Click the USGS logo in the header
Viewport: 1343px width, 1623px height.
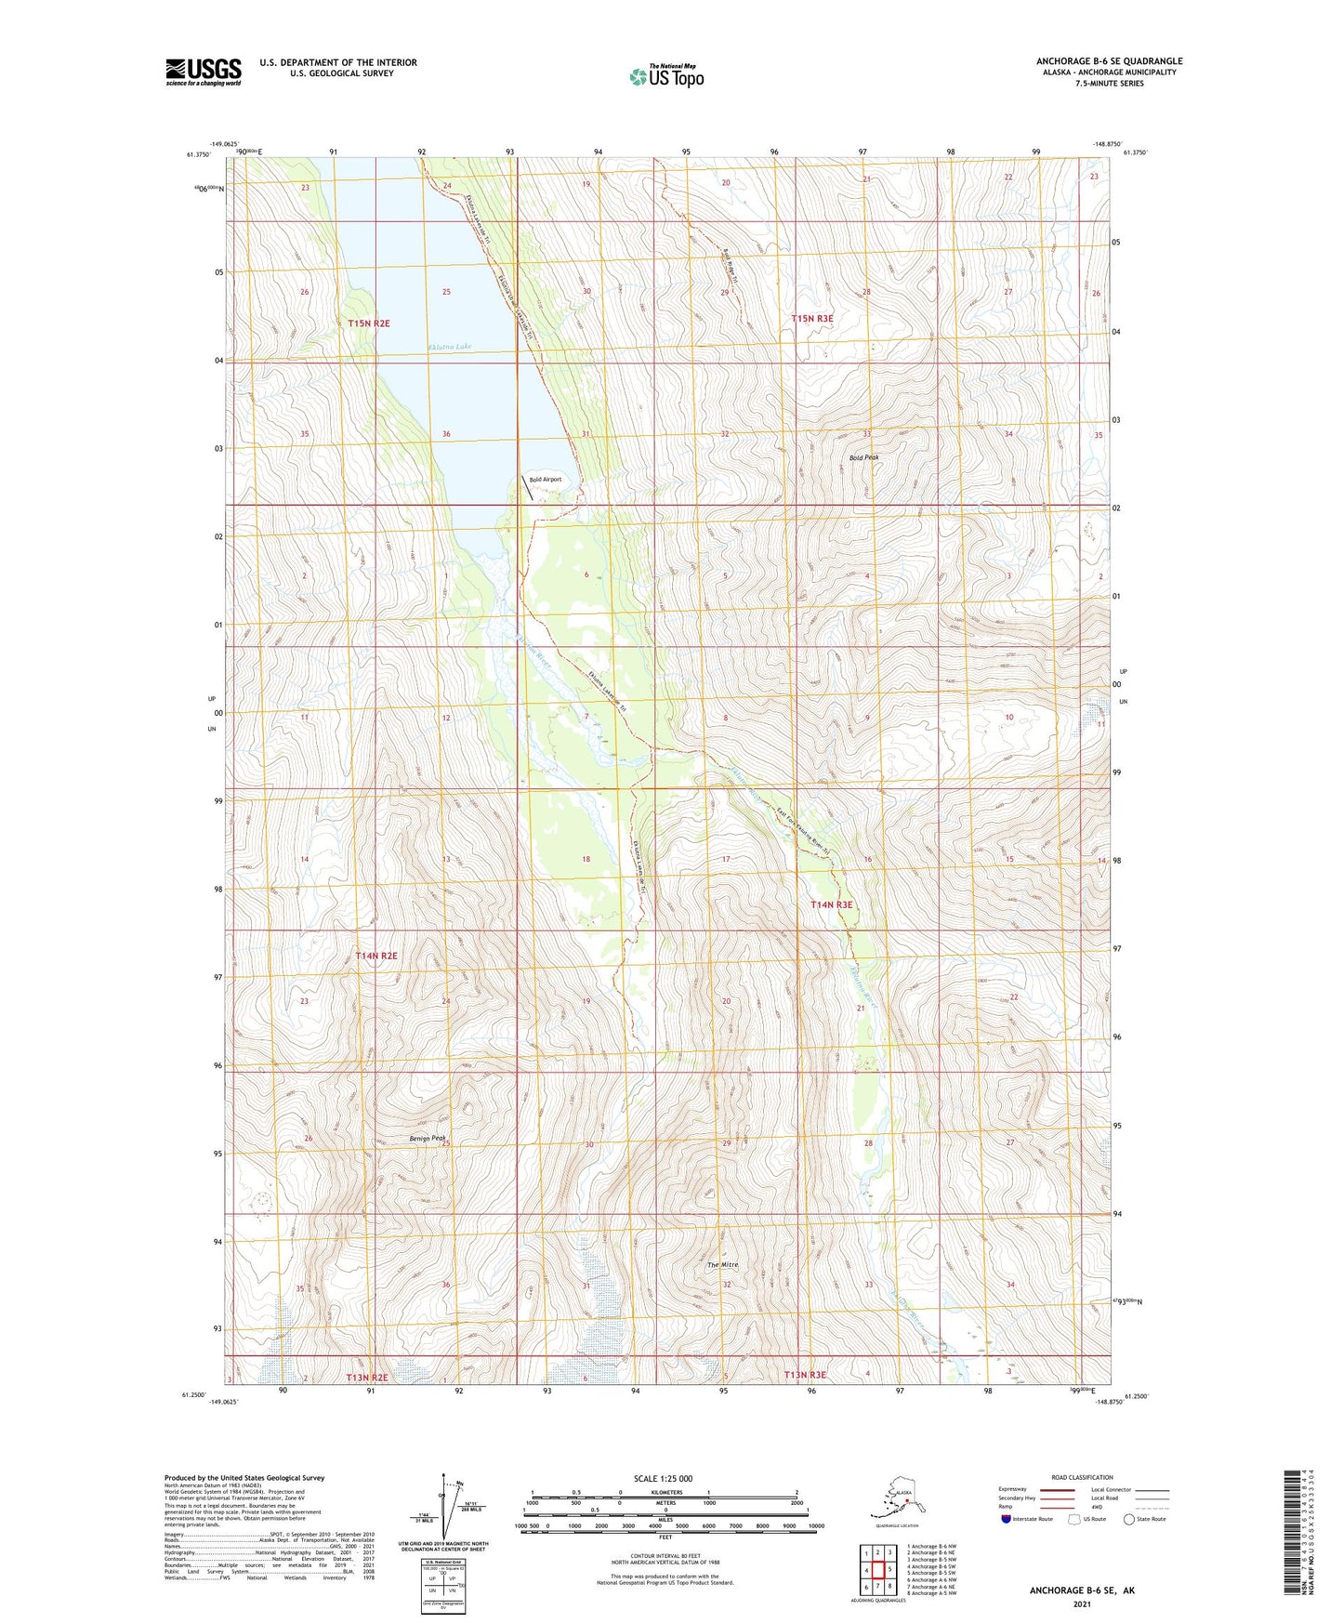pyautogui.click(x=203, y=72)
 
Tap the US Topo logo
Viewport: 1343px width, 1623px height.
pyautogui.click(x=665, y=76)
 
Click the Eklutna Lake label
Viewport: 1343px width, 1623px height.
pyautogui.click(x=450, y=347)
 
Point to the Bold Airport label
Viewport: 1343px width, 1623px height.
pyautogui.click(x=546, y=480)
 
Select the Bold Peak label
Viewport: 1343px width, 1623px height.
pyautogui.click(x=863, y=457)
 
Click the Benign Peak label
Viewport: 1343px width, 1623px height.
pyautogui.click(x=428, y=1138)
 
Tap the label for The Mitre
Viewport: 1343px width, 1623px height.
pyautogui.click(x=722, y=1265)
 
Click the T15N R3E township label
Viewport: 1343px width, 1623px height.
pyautogui.click(x=812, y=319)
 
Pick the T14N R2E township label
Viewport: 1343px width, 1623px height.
pyautogui.click(x=376, y=956)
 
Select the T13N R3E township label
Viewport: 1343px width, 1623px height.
pyautogui.click(x=805, y=1375)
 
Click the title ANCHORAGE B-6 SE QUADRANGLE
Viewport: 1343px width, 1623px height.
pyautogui.click(x=1109, y=61)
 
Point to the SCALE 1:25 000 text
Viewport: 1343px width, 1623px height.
pyautogui.click(x=663, y=1478)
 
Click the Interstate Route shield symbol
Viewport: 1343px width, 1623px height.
pyautogui.click(x=1006, y=1519)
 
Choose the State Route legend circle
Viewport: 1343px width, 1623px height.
pyautogui.click(x=1128, y=1519)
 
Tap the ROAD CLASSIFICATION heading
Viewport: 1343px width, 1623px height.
pyautogui.click(x=1082, y=1477)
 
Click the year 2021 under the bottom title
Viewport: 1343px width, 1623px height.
pyautogui.click(x=1081, y=1603)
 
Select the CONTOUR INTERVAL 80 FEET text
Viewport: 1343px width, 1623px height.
pyautogui.click(x=665, y=1555)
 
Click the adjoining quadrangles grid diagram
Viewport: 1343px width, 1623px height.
pyautogui.click(x=877, y=1569)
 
